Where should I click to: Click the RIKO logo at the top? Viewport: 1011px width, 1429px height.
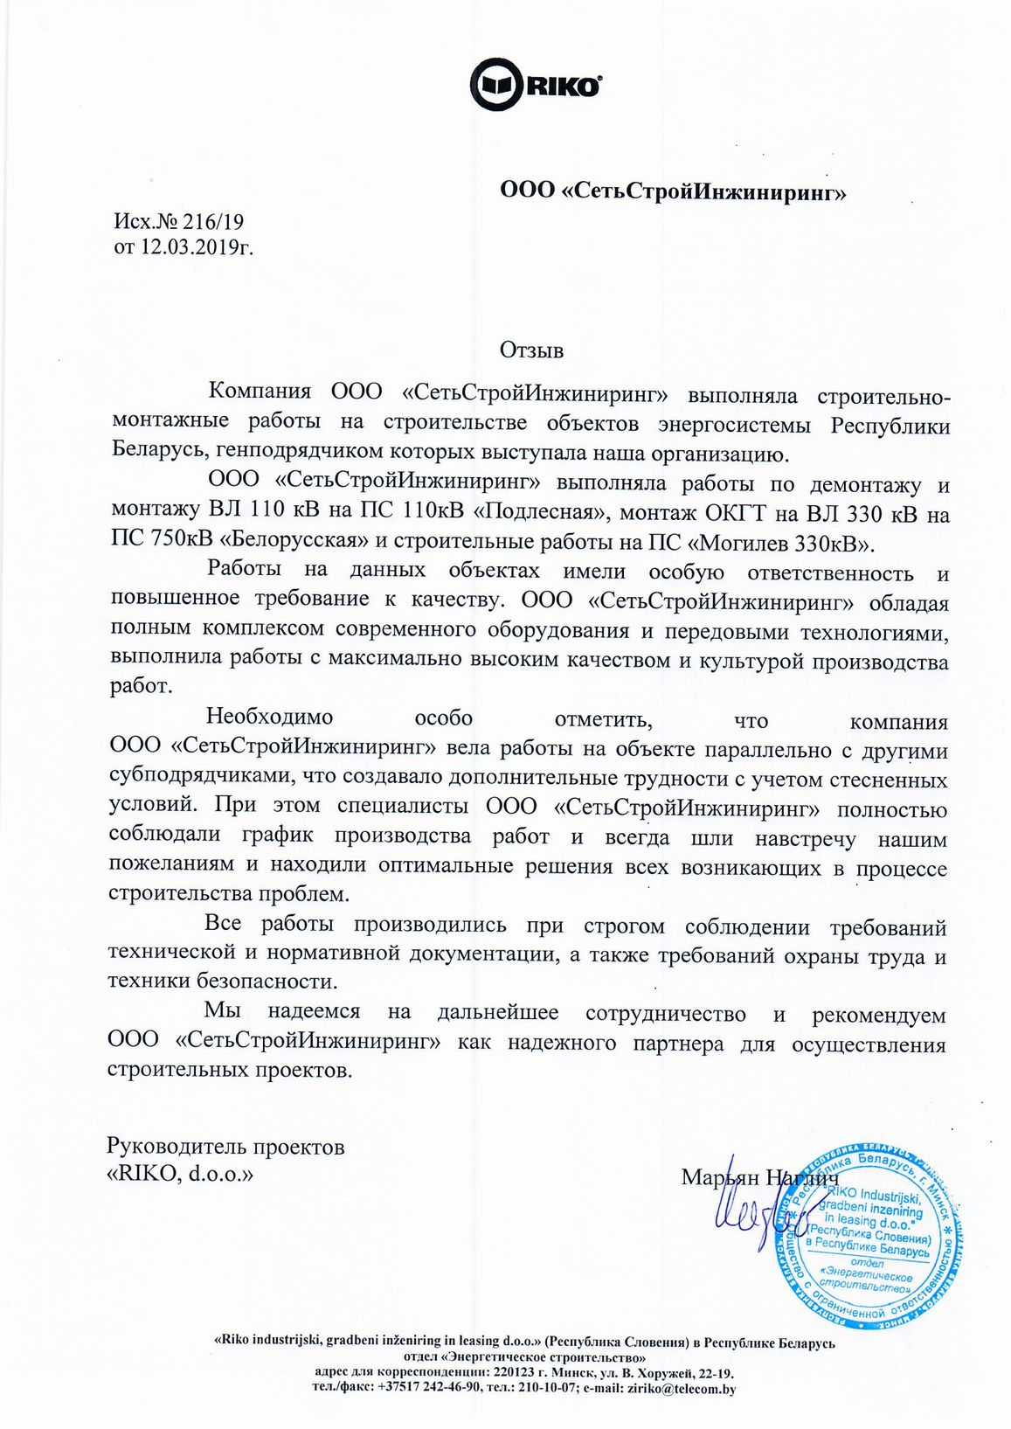(536, 86)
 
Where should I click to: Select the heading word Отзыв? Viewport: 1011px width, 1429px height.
(531, 350)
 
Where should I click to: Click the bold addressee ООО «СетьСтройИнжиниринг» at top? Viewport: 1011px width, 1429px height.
(673, 191)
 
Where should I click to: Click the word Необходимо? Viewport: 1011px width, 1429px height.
(269, 718)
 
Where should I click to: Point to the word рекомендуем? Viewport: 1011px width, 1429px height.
(878, 1015)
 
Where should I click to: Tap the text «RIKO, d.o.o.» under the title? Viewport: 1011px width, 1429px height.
(180, 1174)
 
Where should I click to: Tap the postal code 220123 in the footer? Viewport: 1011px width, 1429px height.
(509, 1373)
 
